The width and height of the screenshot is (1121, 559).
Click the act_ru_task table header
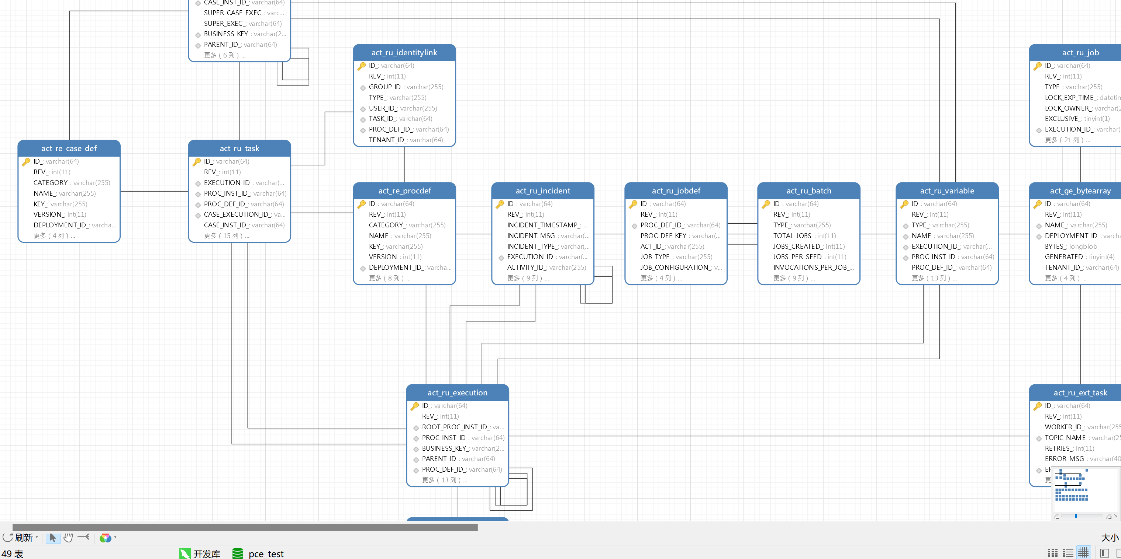(x=239, y=148)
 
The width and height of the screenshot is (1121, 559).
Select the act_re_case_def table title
(x=69, y=148)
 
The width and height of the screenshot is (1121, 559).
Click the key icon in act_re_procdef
(x=362, y=204)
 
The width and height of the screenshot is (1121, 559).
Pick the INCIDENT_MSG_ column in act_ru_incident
(x=548, y=235)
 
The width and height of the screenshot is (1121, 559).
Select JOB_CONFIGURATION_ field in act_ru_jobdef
(x=680, y=267)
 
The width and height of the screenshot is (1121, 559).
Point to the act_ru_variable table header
(x=946, y=191)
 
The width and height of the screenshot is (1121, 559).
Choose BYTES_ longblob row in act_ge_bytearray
(x=1070, y=247)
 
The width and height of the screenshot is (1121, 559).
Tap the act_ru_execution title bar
(x=457, y=392)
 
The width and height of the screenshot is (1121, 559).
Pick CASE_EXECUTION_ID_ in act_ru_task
(x=244, y=214)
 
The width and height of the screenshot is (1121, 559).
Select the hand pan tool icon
(x=68, y=538)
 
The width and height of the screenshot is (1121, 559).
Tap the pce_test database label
(x=265, y=553)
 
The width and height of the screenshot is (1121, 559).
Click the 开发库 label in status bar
(x=206, y=553)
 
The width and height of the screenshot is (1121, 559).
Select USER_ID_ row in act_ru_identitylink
(x=402, y=108)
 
